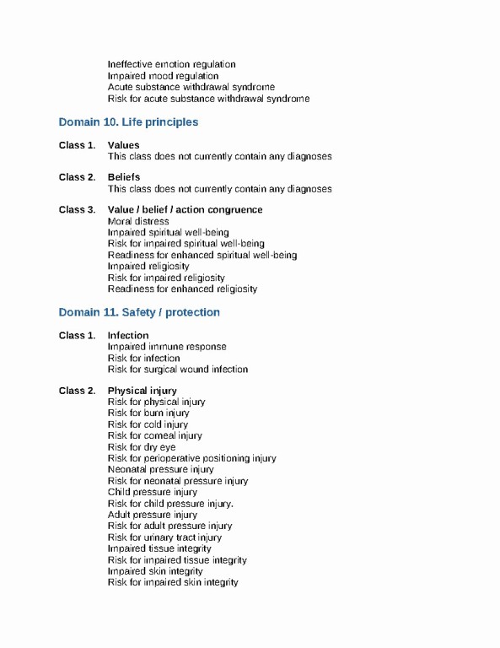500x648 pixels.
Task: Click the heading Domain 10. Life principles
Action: tap(128, 122)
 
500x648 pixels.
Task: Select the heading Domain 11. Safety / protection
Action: tap(139, 312)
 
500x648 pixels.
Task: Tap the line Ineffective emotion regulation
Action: tap(171, 64)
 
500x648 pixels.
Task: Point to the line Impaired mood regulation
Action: tap(163, 76)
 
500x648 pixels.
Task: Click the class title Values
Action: tap(124, 145)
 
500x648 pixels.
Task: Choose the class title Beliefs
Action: tap(124, 177)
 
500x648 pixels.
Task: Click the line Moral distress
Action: tap(138, 221)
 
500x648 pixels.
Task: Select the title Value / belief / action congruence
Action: tap(185, 209)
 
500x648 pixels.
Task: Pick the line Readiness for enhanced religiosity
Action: tap(182, 289)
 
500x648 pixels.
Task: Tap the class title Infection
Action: tap(128, 335)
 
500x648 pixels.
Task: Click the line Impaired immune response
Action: tap(167, 346)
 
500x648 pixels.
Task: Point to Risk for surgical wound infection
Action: tap(178, 369)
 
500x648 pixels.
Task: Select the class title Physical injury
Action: tap(142, 391)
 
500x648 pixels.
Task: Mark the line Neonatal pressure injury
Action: tap(161, 469)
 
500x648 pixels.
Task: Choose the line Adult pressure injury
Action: tap(153, 515)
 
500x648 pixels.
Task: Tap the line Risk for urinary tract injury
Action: tap(165, 537)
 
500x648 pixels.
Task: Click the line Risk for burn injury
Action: tap(148, 413)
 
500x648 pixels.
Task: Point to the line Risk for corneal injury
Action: tap(155, 435)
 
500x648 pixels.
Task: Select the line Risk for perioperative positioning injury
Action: tap(191, 458)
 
